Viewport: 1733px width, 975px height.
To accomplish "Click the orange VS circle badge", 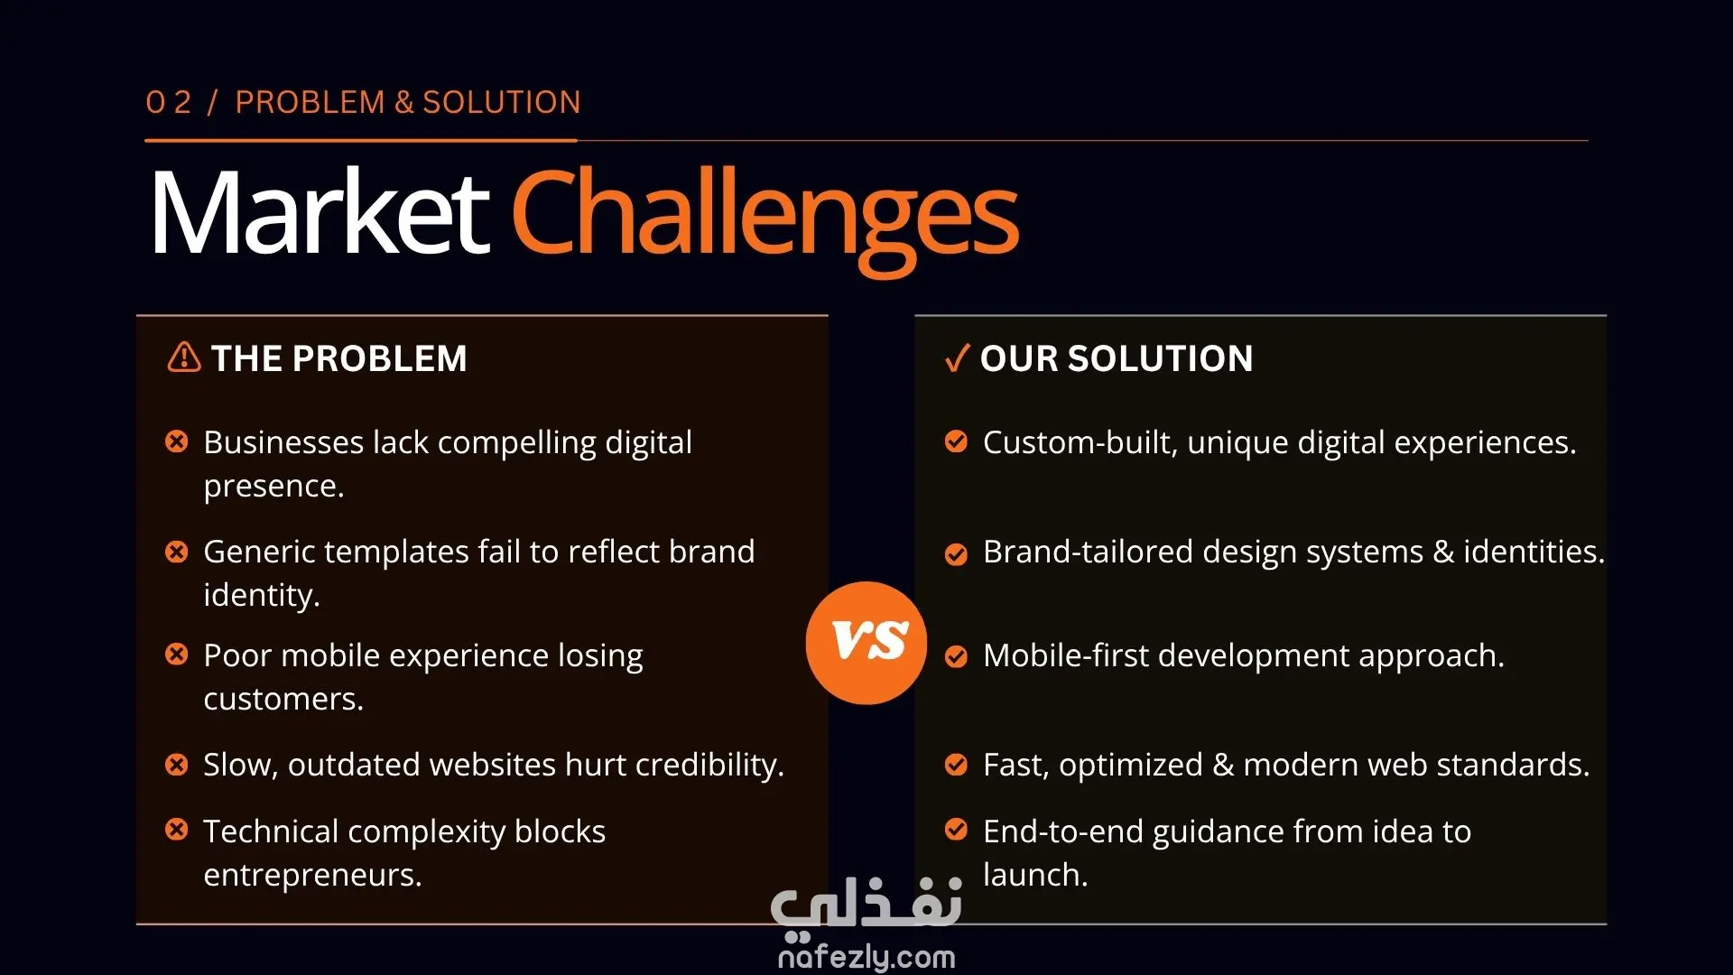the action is click(866, 643).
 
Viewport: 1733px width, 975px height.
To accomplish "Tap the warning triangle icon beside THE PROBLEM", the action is click(184, 357).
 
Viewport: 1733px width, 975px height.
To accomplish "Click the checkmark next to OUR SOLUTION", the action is click(957, 358).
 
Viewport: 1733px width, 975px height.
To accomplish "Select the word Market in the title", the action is click(320, 214).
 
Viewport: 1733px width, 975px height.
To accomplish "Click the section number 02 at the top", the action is click(169, 102).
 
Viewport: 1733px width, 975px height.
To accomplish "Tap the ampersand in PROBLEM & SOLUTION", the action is click(404, 102).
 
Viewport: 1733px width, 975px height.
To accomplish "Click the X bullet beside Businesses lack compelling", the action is click(177, 441).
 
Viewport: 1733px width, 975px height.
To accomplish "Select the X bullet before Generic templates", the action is click(177, 551).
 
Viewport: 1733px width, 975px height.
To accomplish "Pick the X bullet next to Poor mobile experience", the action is click(177, 655).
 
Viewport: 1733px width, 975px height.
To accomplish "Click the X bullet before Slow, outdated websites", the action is click(177, 765).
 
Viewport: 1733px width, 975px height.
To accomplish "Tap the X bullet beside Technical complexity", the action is click(177, 830).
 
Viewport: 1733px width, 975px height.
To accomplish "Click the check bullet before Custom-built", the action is click(956, 441).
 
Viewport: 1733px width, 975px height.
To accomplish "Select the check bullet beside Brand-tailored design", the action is click(956, 553).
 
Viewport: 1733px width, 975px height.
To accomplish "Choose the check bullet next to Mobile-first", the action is click(956, 656).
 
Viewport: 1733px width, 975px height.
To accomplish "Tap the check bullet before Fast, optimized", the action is click(956, 765).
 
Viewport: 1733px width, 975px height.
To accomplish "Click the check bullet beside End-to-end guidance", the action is click(956, 830).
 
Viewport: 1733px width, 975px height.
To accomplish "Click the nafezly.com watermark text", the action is click(866, 957).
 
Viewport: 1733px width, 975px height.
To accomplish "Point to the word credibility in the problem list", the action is click(709, 766).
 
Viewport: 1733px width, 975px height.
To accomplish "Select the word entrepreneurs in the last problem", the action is click(312, 876).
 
